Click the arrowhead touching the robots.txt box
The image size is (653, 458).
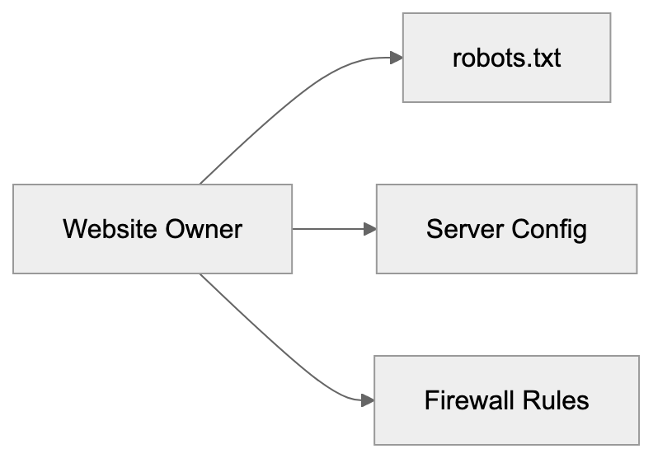click(396, 58)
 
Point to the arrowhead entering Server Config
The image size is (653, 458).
click(369, 229)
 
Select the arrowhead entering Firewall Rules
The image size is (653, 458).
click(368, 400)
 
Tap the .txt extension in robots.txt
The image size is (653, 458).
click(541, 58)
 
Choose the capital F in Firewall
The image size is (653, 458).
click(430, 400)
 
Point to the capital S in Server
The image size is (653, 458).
click(433, 228)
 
